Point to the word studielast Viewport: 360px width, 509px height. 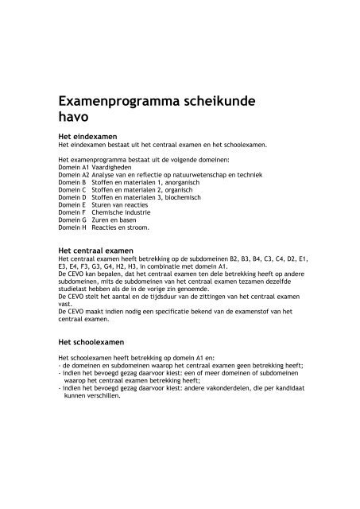coord(75,292)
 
